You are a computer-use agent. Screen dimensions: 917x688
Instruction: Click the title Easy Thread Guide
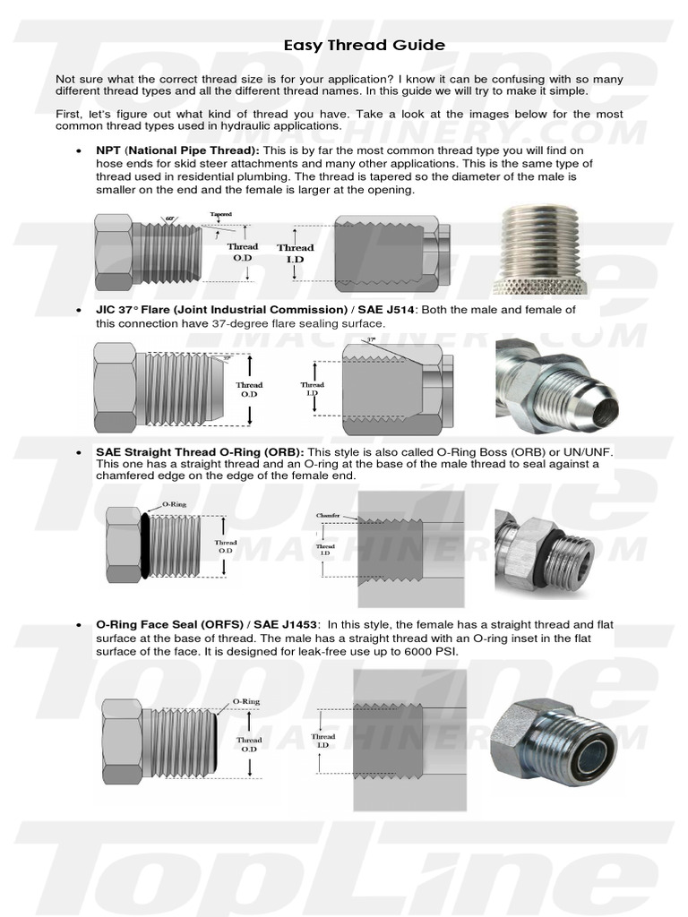pos(364,45)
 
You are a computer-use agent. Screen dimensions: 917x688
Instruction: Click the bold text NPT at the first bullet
pos(108,150)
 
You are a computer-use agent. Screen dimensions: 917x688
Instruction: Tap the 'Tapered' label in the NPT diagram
pos(221,215)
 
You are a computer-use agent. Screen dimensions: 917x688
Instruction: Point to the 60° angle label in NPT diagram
pos(170,219)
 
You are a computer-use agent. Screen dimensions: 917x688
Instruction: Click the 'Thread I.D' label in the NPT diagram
pos(295,253)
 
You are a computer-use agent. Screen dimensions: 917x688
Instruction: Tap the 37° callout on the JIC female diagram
pos(371,341)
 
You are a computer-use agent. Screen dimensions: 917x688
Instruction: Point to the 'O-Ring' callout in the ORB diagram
pos(174,506)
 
